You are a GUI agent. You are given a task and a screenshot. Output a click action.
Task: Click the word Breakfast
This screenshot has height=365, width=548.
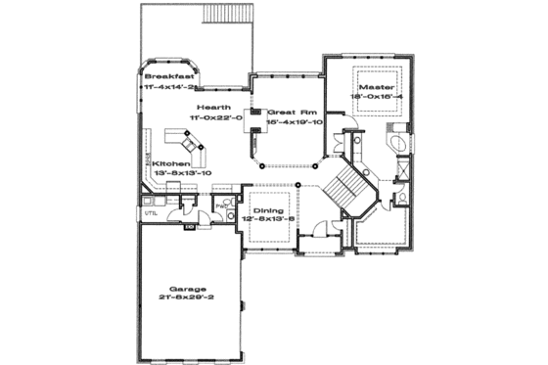(x=170, y=75)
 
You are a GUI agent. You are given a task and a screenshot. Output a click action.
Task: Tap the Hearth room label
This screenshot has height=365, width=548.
(x=213, y=107)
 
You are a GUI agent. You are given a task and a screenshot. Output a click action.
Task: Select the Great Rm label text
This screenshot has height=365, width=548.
(x=293, y=112)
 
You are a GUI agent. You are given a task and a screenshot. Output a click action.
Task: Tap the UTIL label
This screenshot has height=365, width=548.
(x=151, y=212)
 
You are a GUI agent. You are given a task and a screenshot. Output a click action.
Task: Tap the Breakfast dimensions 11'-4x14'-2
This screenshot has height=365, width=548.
(x=170, y=86)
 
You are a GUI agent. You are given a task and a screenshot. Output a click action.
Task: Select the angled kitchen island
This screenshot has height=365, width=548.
(x=191, y=147)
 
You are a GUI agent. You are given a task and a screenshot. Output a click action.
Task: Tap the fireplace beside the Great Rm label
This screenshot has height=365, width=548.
(x=255, y=113)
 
